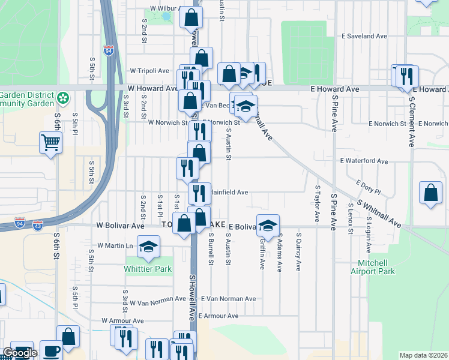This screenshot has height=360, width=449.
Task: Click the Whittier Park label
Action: coord(148,268)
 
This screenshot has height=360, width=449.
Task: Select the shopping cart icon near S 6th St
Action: coord(50,143)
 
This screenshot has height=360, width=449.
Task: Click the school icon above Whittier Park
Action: coord(148,245)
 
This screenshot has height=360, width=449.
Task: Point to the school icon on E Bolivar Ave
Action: coord(268,224)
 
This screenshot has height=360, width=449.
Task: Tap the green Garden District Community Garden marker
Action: coord(62,97)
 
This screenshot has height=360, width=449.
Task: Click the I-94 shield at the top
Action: coord(109,51)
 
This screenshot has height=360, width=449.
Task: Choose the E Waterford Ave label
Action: coord(364,161)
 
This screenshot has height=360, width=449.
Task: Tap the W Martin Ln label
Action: coord(115,246)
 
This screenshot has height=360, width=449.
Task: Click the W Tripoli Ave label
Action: coord(149,71)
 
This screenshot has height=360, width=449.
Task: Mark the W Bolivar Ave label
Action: coord(121,226)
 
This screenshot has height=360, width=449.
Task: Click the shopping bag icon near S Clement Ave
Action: coord(430,193)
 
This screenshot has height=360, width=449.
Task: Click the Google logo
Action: coord(19,353)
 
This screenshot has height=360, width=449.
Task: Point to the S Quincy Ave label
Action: coord(298,256)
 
